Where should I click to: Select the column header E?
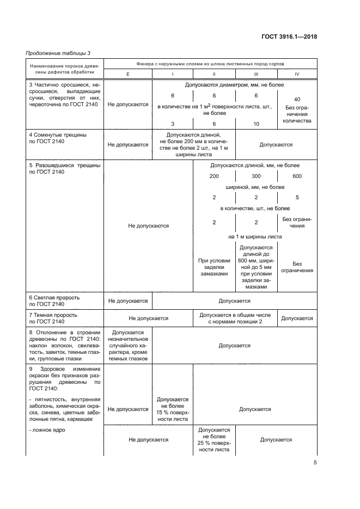click(x=127, y=75)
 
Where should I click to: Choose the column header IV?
click(x=297, y=75)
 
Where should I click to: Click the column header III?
click(x=256, y=75)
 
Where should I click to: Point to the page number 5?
click(x=315, y=463)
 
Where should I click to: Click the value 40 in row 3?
click(x=297, y=100)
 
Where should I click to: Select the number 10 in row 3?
click(x=256, y=124)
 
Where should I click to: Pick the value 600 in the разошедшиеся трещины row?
click(x=297, y=176)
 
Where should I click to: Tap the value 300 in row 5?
click(x=256, y=176)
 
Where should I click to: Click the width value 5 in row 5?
click(x=297, y=197)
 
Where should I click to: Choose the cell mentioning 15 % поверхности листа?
click(x=173, y=409)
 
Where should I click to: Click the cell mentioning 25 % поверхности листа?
click(x=214, y=440)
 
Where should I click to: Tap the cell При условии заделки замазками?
click(x=214, y=267)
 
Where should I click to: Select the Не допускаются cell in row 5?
click(x=148, y=225)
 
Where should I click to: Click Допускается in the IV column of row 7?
click(x=297, y=318)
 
